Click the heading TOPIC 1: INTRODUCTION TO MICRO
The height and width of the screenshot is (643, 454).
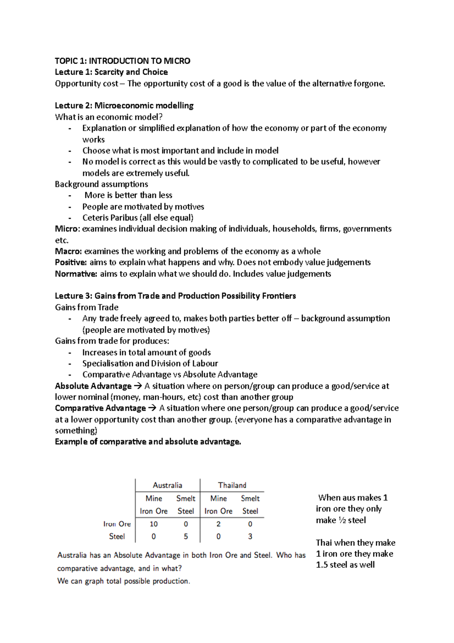click(x=122, y=61)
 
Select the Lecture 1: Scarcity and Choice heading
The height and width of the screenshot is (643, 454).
click(x=111, y=72)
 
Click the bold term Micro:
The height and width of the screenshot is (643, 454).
click(x=67, y=229)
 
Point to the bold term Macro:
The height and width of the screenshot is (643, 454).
click(x=68, y=251)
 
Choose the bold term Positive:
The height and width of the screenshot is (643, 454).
click(x=71, y=262)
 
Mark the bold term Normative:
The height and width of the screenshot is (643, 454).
click(x=76, y=274)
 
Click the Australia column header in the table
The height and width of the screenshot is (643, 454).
click(x=167, y=485)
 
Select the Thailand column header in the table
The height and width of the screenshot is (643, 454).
click(x=232, y=485)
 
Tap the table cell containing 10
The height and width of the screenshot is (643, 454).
click(x=154, y=524)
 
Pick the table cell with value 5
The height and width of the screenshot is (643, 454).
click(x=186, y=537)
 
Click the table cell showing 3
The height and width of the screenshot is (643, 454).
click(x=250, y=537)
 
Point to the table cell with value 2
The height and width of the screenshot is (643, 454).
click(x=218, y=524)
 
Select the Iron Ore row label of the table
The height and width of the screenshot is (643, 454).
click(x=117, y=524)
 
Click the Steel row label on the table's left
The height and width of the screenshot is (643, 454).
click(x=117, y=537)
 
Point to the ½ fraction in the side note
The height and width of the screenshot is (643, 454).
click(x=342, y=520)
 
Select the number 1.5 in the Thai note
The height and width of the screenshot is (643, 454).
click(x=322, y=565)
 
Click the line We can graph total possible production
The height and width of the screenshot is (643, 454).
click(x=123, y=581)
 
